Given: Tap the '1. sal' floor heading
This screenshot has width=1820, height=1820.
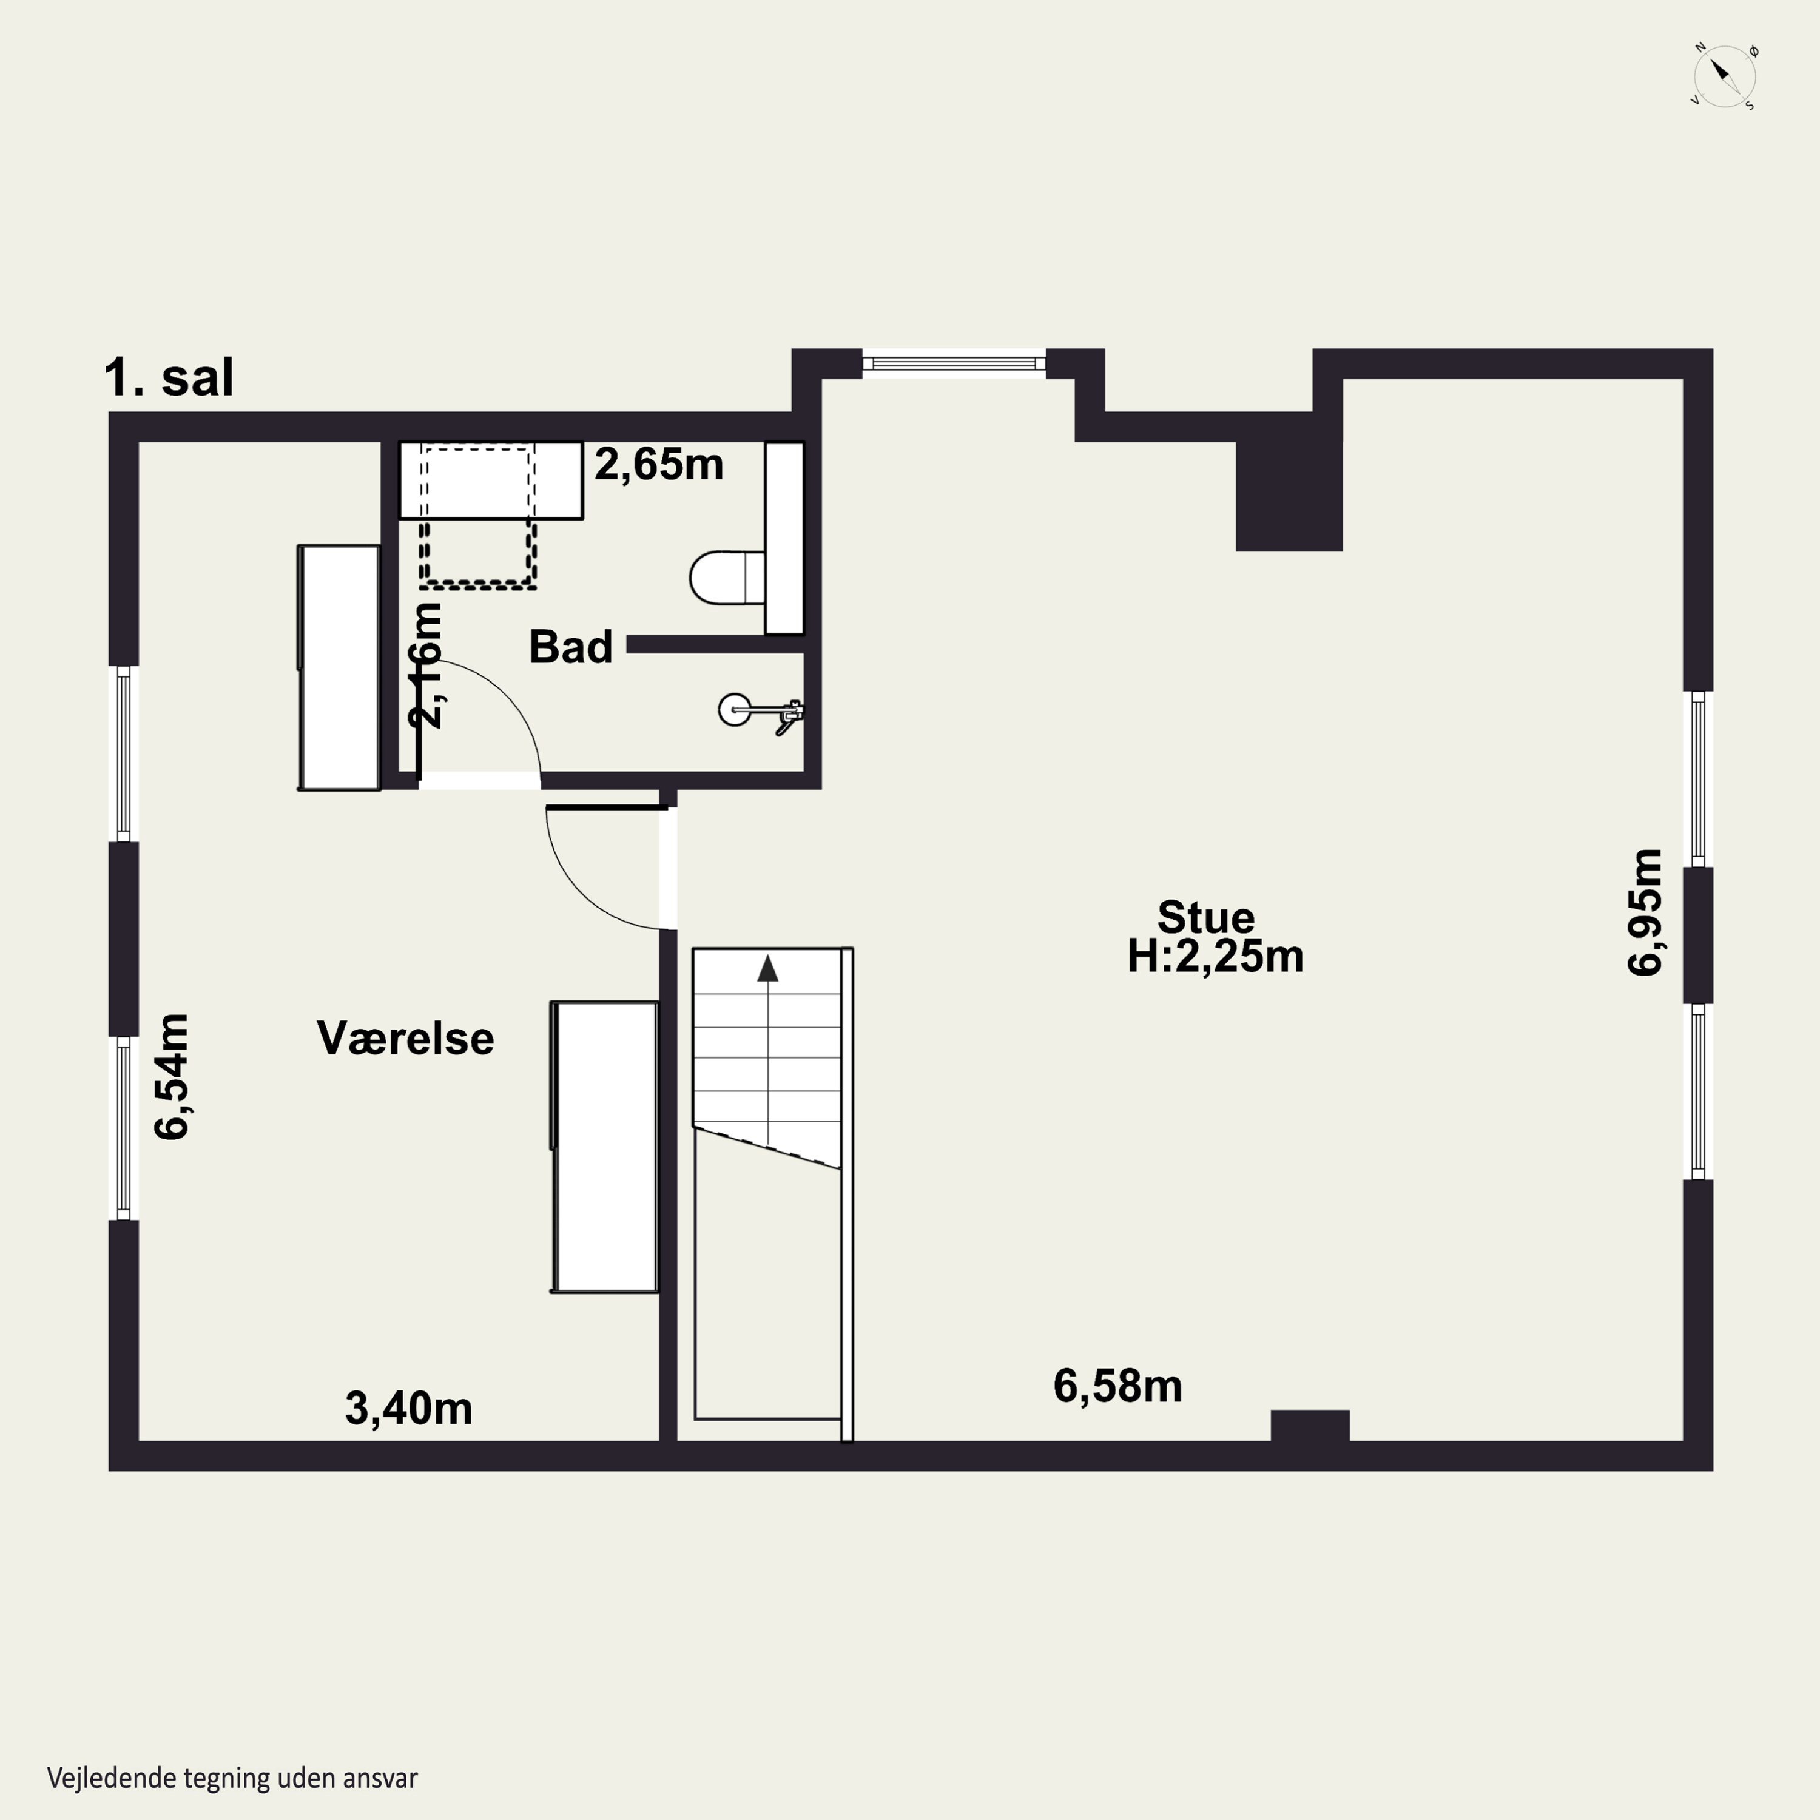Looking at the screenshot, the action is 169,378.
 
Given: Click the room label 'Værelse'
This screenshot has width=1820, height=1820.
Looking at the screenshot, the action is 405,1038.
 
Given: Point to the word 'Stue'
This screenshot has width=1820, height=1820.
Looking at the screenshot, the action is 1206,917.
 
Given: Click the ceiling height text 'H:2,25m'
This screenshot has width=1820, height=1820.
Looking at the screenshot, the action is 1215,956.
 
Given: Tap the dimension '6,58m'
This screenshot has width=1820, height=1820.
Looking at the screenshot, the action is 1117,1386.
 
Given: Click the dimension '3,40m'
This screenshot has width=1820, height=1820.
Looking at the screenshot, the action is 409,1408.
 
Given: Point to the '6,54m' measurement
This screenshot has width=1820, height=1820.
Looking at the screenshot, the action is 172,1077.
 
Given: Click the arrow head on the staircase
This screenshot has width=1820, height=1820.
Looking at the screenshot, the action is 768,968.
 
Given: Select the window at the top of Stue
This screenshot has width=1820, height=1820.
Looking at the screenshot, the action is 954,363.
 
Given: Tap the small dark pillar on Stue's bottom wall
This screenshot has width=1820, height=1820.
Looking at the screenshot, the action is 1309,1425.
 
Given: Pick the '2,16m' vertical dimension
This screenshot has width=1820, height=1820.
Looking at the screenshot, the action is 426,664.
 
